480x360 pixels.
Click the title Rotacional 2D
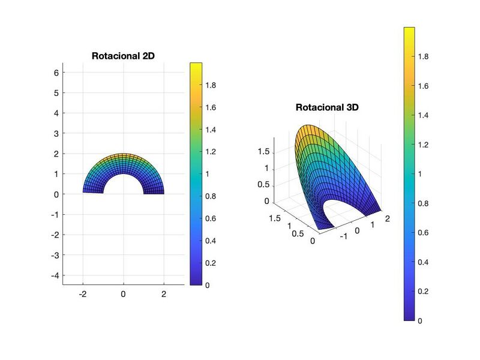(x=124, y=56)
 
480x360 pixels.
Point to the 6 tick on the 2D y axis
(x=56, y=73)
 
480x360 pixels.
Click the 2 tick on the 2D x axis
(x=164, y=294)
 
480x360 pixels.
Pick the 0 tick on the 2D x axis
(x=123, y=294)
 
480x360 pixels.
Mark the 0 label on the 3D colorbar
(x=420, y=321)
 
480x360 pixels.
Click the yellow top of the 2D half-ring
(x=123, y=155)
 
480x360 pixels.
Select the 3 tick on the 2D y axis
(x=56, y=133)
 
